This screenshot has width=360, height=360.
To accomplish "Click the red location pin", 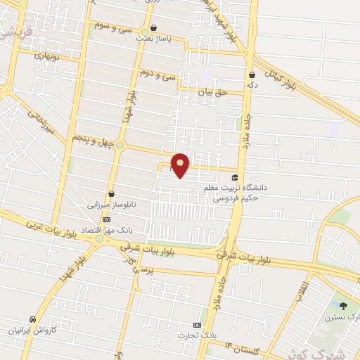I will pos(181,165).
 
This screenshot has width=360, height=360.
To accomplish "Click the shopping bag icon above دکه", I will pos(252,75).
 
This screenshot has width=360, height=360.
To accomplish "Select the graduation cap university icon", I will pos(234,178).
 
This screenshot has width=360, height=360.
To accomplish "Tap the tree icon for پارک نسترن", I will pos(343,305).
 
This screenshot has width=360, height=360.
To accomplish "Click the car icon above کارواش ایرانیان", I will pos(32,319).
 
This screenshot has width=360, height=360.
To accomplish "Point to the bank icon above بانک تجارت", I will pos(197,325).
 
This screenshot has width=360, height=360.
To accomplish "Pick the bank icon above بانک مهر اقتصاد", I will pos(106,219).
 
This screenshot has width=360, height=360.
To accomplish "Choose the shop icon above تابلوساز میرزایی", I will pos(110,194).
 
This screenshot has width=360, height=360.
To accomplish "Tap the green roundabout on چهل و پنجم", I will pos(120,146).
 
